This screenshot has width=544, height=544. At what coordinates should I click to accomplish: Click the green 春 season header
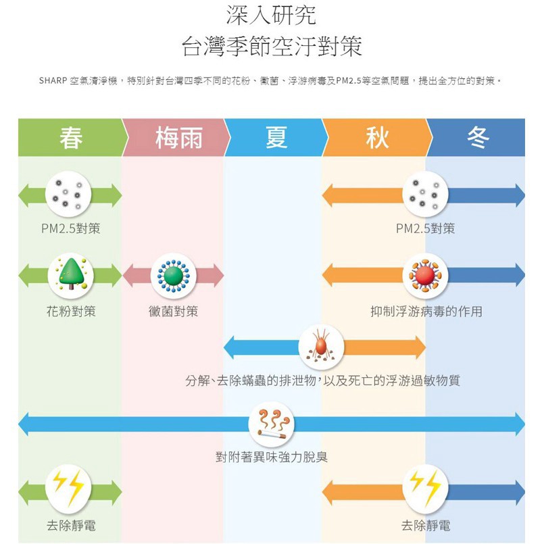pos(71,137)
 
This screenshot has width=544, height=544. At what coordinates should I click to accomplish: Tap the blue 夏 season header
pos(276,137)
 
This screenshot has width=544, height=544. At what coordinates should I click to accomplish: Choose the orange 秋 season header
pos(377,137)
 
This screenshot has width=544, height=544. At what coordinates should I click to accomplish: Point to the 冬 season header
pos(477,137)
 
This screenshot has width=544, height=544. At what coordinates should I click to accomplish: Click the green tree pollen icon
pos(71,276)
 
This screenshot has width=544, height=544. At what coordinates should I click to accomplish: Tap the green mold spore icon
pos(174,276)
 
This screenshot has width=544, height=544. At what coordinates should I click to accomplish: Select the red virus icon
pos(425,276)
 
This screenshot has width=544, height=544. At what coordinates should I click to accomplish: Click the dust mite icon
pos(321,347)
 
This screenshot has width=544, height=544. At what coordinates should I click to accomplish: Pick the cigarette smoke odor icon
pos(271,424)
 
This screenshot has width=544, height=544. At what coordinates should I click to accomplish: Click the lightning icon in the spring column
pos(68,487)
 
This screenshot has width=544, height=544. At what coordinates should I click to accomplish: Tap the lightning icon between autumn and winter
pos(425,487)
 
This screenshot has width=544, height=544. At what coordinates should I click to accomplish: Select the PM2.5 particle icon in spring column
pos(68,195)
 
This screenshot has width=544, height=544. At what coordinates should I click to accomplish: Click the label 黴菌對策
pos(173,312)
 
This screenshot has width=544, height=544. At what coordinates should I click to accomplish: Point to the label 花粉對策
pos(71,312)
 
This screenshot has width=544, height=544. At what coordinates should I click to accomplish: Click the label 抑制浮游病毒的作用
pos(426,312)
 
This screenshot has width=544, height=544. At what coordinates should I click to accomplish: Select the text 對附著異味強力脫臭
pos(272,457)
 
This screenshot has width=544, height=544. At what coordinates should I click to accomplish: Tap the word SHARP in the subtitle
pos(53,81)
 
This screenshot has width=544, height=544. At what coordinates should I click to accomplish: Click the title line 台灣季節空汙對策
pos(272,46)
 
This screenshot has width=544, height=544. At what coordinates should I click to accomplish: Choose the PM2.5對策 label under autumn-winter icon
pos(425,228)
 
